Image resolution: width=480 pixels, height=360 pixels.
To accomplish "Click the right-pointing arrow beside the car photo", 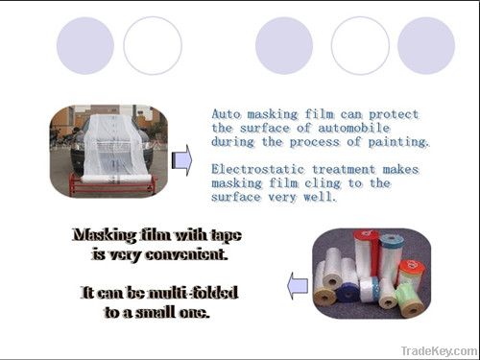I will [181, 159].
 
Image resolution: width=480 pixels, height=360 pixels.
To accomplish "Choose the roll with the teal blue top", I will [391, 254].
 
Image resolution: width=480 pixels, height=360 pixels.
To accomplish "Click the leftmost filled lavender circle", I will [85, 45].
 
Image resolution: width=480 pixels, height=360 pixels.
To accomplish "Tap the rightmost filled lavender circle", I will [425, 45].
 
